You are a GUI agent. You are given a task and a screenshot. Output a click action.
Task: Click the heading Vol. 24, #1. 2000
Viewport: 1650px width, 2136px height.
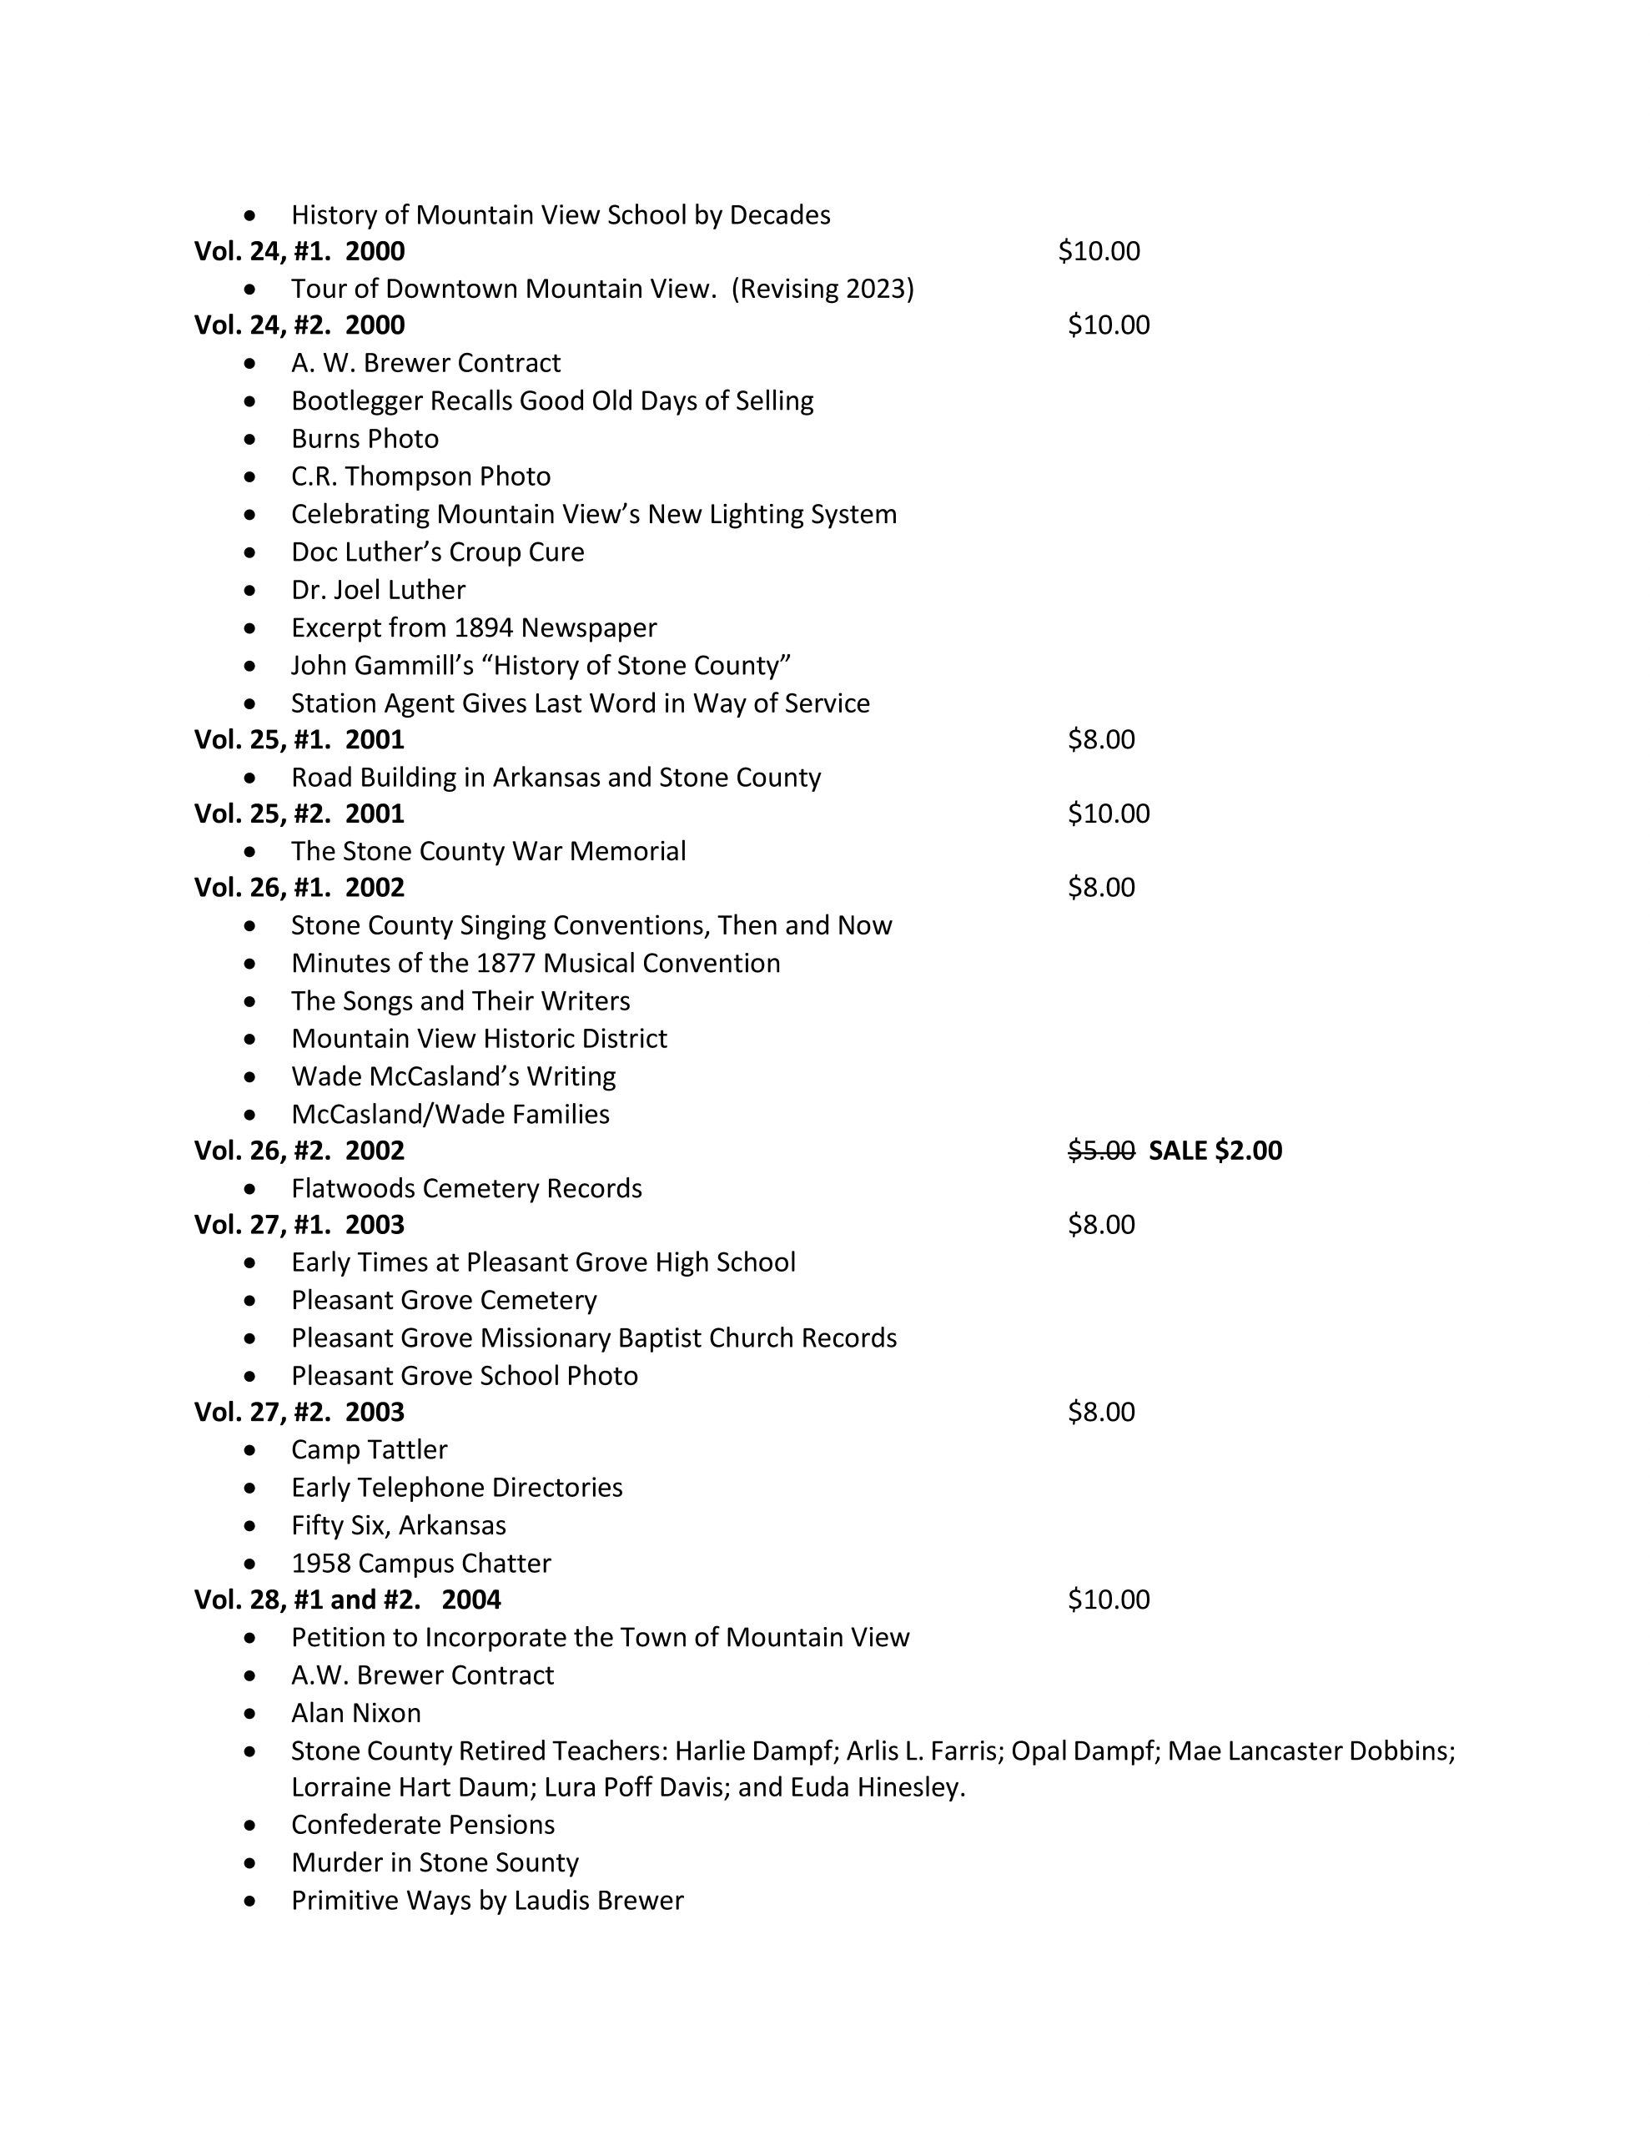299,251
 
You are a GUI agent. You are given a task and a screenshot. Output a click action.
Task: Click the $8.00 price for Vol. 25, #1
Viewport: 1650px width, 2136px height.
1100,739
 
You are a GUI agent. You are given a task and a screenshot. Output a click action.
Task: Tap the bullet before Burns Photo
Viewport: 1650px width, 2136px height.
251,439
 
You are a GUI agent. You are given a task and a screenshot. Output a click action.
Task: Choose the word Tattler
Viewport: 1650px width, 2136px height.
408,1449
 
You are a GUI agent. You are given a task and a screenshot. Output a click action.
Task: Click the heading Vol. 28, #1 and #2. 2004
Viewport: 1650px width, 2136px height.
347,1600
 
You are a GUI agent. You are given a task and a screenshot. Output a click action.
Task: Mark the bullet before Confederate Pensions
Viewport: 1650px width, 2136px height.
251,1825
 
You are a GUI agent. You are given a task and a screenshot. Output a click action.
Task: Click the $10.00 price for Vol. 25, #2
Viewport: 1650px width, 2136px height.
1108,814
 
